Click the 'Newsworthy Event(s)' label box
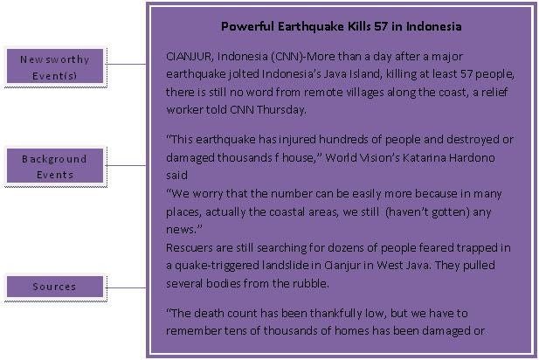point(55,66)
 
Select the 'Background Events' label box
point(55,166)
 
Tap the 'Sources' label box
point(55,286)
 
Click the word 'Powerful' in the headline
point(248,26)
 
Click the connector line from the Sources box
point(125,287)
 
